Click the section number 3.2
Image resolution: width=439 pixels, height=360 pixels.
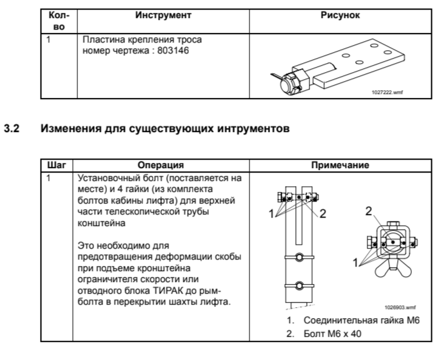(x=13, y=128)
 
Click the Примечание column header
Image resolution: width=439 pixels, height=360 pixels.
(x=340, y=165)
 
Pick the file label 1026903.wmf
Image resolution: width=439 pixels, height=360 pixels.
(x=401, y=308)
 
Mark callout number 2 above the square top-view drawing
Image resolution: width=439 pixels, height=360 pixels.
(x=368, y=211)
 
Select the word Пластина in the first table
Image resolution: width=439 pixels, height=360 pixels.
(x=101, y=40)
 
